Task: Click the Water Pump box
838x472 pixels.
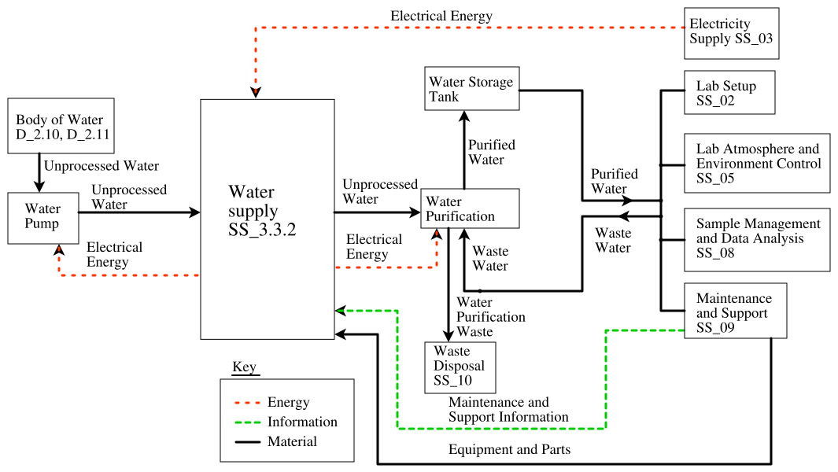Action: point(43,217)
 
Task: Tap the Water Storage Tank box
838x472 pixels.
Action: point(471,89)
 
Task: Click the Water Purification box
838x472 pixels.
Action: point(471,208)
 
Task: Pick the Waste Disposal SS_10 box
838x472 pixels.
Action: point(460,367)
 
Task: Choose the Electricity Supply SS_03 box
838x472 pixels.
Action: point(731,33)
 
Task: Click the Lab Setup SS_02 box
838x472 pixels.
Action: point(729,93)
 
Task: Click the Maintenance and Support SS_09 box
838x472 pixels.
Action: point(735,311)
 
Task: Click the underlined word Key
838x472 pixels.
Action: point(244,367)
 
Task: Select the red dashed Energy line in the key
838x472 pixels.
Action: point(247,403)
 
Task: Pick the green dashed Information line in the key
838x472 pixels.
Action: point(247,422)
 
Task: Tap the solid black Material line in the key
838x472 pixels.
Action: point(247,442)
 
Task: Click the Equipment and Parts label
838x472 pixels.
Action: point(509,450)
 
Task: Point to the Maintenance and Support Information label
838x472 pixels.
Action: point(508,410)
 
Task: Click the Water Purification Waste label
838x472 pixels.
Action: point(490,317)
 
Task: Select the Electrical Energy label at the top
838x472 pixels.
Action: point(441,16)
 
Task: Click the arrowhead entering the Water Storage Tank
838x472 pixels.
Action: point(463,115)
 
